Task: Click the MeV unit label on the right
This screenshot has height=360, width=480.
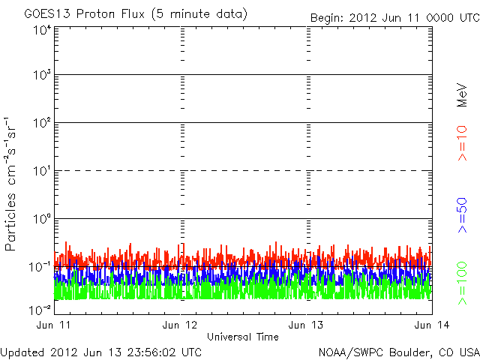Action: coord(463,94)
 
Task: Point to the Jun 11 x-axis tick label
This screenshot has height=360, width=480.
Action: coord(53,325)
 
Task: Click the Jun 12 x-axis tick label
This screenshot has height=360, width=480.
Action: coord(180,325)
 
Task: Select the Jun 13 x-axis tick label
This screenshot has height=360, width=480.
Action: coord(306,325)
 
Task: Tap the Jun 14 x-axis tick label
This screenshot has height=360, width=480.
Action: coord(431,325)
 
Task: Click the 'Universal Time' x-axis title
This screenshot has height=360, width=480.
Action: coord(242,337)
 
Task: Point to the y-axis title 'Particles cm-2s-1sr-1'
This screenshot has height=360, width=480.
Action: coord(11,184)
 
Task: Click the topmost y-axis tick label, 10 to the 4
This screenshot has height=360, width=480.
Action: coord(42,30)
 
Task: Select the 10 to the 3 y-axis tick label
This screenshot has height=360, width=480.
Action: coord(42,76)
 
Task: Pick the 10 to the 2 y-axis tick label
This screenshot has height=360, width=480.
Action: coord(42,124)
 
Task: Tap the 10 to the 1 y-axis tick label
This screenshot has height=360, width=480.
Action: coord(42,172)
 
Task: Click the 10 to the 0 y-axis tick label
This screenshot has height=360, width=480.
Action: coord(42,220)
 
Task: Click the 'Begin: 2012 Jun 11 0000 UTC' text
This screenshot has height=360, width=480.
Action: coord(393,17)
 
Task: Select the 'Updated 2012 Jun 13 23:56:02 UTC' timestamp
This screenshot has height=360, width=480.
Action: coord(101,351)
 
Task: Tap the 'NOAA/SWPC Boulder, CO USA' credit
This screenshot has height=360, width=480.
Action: coord(398,351)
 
